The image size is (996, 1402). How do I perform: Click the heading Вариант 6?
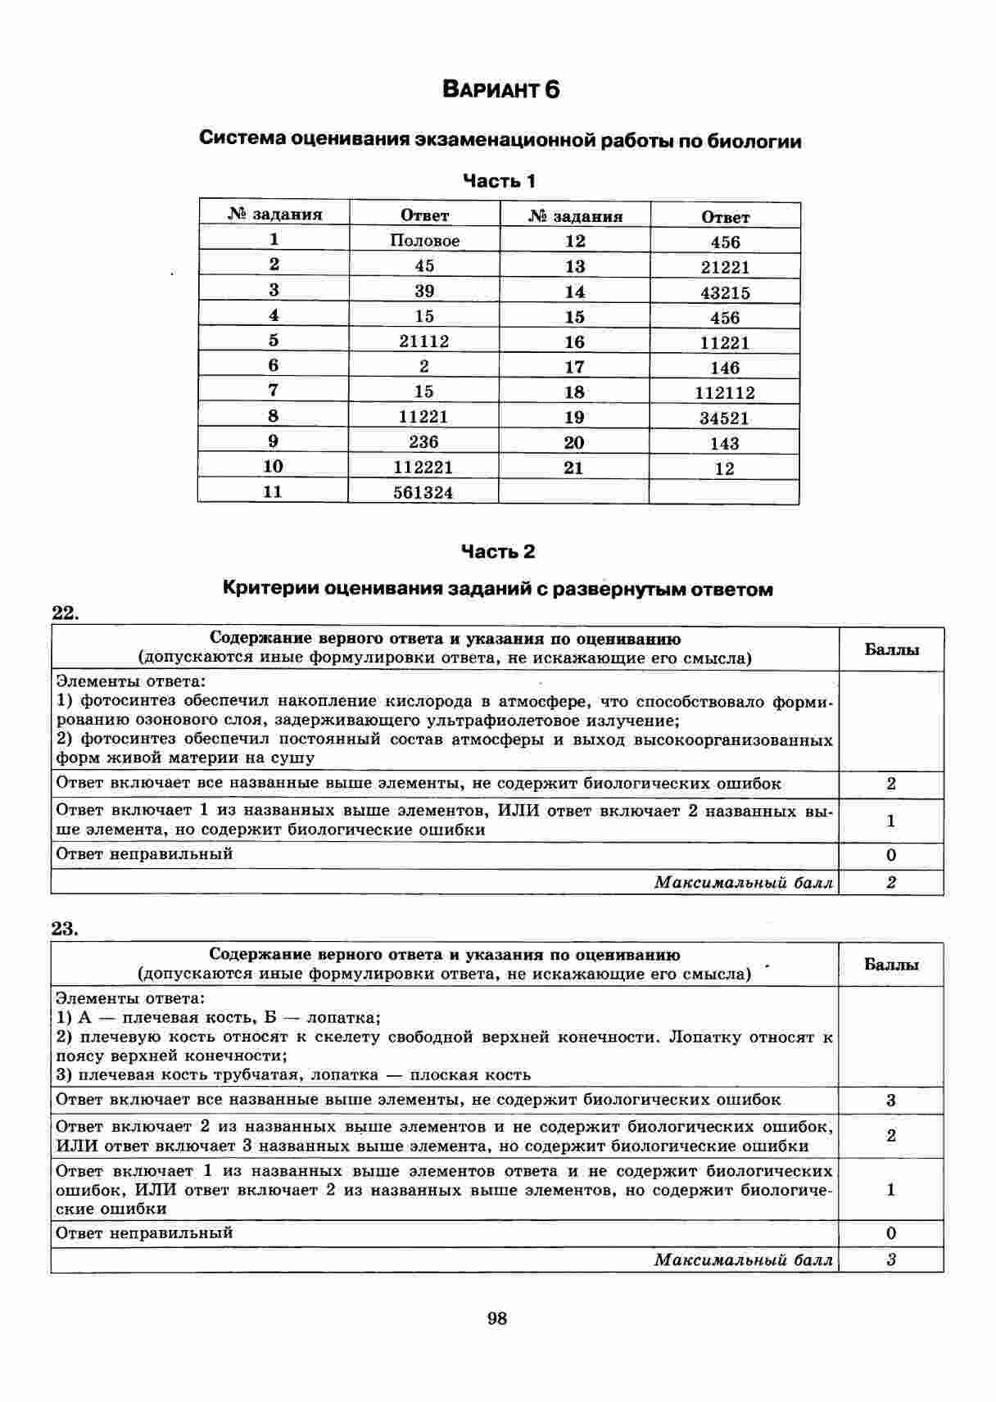pyautogui.click(x=500, y=89)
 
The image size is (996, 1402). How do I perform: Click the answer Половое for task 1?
pyautogui.click(x=424, y=241)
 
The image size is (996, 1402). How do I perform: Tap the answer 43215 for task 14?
pyautogui.click(x=725, y=292)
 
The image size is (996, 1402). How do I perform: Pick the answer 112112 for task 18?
pyautogui.click(x=725, y=393)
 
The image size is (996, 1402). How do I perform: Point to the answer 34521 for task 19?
pyautogui.click(x=725, y=418)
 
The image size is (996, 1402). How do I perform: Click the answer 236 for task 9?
pyautogui.click(x=423, y=442)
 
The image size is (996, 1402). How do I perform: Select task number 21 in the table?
pyautogui.click(x=573, y=468)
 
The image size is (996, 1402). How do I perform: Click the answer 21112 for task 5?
pyautogui.click(x=423, y=341)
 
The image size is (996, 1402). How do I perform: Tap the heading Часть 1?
pyautogui.click(x=500, y=181)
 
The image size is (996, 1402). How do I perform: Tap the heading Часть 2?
pyautogui.click(x=498, y=552)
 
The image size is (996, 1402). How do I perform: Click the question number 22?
pyautogui.click(x=65, y=613)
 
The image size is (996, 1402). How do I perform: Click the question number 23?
pyautogui.click(x=65, y=929)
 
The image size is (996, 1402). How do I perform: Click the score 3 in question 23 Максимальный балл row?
pyautogui.click(x=891, y=1260)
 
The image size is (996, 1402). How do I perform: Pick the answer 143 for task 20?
pyautogui.click(x=725, y=444)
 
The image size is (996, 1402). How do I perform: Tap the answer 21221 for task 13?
pyautogui.click(x=725, y=267)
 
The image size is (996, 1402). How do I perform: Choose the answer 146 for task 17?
pyautogui.click(x=725, y=369)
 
